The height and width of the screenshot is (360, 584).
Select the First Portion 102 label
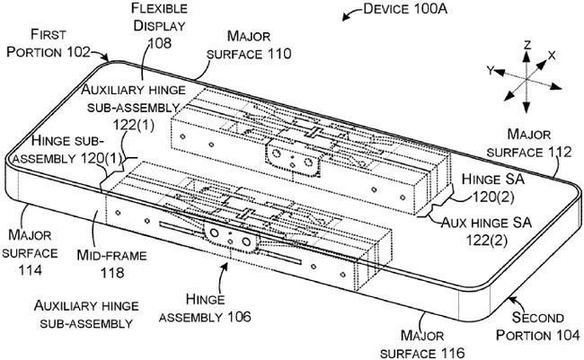[49, 42]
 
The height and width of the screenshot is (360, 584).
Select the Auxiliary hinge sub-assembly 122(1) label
[134, 104]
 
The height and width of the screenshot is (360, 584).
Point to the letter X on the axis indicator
[552, 56]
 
